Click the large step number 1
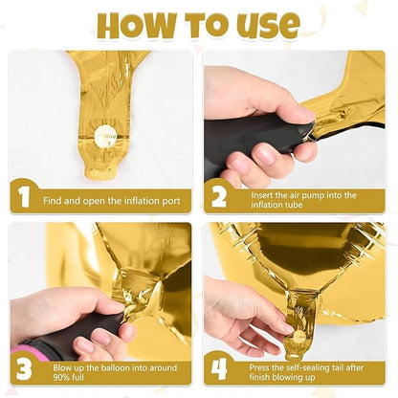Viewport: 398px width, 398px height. [x=24, y=197]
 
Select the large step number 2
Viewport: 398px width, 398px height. [x=219, y=197]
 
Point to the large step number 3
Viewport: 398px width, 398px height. [x=24, y=369]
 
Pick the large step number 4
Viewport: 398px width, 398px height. [x=219, y=369]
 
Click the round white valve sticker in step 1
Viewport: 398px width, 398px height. [x=105, y=137]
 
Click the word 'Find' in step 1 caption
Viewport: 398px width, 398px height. [x=53, y=201]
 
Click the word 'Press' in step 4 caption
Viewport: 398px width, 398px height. [x=258, y=367]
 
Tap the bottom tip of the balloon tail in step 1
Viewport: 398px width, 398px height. [x=99, y=177]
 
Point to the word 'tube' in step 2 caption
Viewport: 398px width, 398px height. [x=294, y=205]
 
